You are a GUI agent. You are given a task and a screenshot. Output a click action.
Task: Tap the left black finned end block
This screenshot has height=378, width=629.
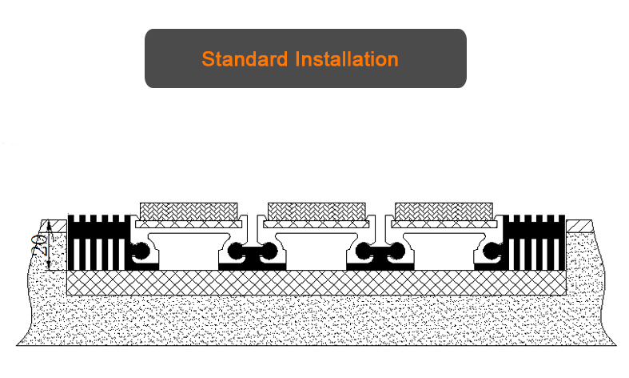pyautogui.click(x=97, y=240)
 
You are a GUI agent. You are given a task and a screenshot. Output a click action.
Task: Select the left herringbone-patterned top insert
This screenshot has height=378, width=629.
pyautogui.click(x=189, y=211)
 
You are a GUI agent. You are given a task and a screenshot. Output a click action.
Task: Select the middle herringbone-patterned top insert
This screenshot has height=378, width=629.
pyautogui.click(x=316, y=211)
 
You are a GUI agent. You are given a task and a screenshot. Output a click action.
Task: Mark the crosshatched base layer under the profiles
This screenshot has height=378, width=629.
pyautogui.click(x=316, y=282)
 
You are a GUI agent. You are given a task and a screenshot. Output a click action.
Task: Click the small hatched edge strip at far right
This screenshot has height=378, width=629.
pyautogui.click(x=577, y=225)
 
